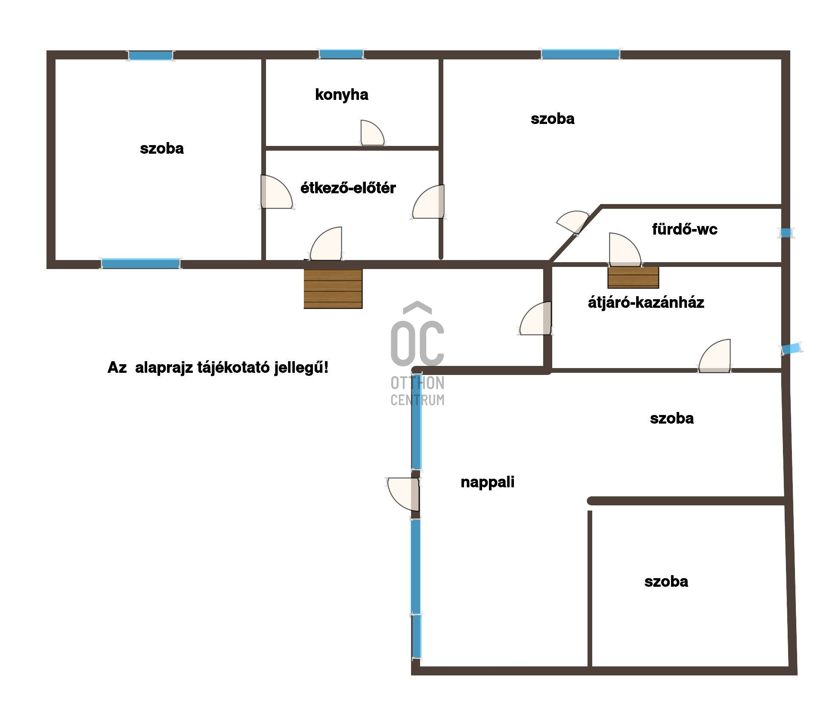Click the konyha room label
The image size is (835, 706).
click(342, 95)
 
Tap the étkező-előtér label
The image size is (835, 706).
click(348, 188)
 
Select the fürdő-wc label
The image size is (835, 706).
click(685, 229)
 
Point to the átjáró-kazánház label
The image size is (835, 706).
click(646, 302)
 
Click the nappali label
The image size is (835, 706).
click(487, 482)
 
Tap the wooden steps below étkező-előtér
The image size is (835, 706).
click(333, 289)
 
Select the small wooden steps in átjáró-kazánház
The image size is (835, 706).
click(633, 277)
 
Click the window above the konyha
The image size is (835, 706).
click(341, 54)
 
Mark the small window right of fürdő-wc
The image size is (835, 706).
click(786, 233)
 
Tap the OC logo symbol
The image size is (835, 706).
click(417, 334)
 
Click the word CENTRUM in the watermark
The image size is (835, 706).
click(417, 400)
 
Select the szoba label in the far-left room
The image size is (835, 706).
click(162, 149)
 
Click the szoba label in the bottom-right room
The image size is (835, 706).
click(666, 582)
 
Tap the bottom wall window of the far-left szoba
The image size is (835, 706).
click(141, 263)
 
